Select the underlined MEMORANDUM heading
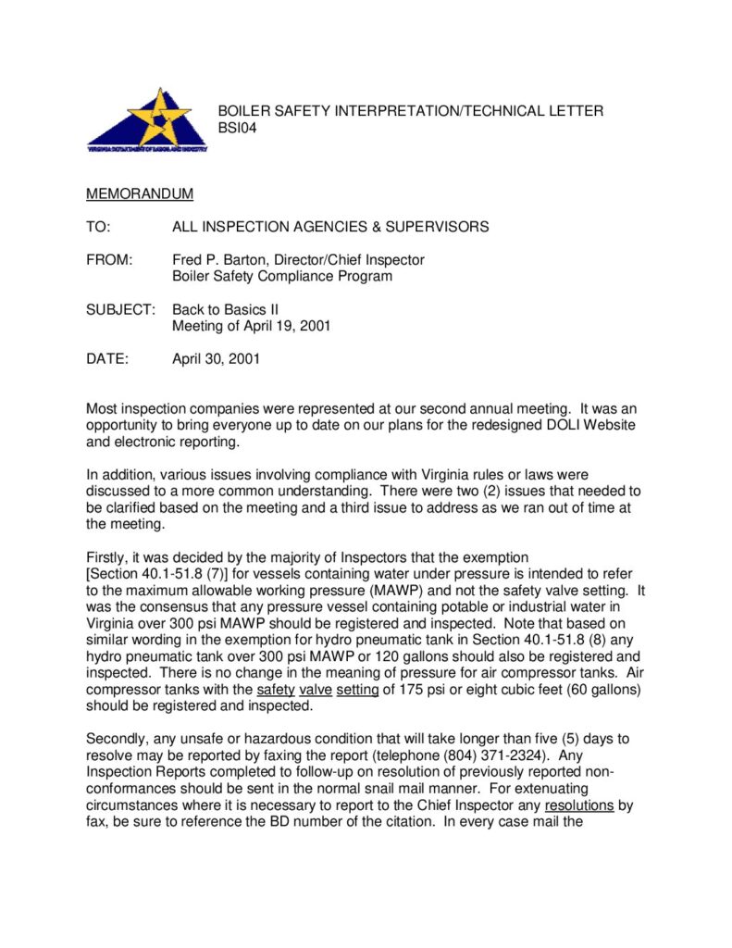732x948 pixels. (x=140, y=194)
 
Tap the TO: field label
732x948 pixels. (x=98, y=227)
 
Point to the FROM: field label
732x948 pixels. (x=109, y=260)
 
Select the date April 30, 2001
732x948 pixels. (x=216, y=359)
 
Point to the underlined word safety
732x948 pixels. (x=276, y=690)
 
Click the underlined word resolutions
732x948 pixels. (x=579, y=805)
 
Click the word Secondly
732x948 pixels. (x=118, y=738)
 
